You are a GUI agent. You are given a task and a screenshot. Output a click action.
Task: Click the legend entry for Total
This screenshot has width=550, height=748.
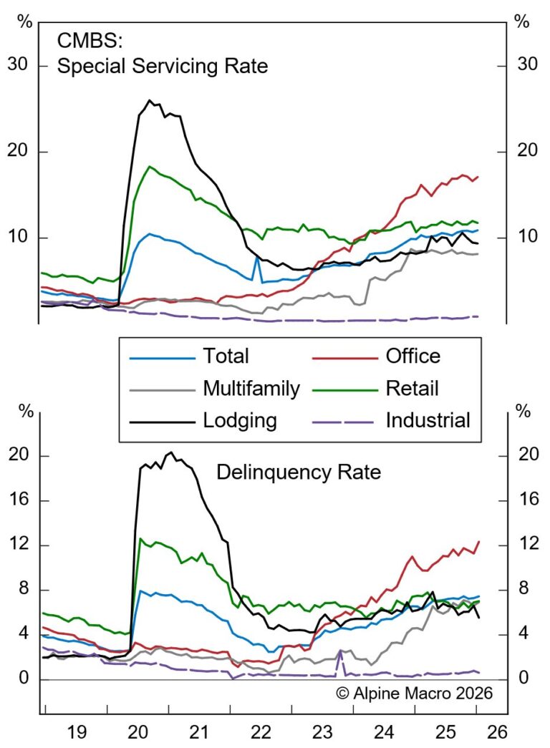point(226,356)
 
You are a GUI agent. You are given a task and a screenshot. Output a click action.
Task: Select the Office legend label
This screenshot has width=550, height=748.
point(412,356)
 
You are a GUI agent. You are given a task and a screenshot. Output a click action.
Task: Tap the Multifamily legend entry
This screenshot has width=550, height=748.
point(251,388)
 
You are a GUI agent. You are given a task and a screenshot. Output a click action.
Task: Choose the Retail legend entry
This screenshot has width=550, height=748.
point(412,388)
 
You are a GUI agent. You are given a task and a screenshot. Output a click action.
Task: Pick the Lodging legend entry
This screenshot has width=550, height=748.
point(240,420)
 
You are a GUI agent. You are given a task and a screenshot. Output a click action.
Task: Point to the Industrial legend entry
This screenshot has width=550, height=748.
point(428,420)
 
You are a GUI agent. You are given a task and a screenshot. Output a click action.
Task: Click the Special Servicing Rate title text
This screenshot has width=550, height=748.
point(163,67)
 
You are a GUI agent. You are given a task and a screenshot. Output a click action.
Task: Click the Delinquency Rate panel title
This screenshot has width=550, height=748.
point(299,472)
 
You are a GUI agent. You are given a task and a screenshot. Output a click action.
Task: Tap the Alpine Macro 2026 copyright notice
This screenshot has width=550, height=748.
point(415,693)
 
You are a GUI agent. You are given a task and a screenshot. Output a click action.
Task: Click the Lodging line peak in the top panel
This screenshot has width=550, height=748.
point(150,100)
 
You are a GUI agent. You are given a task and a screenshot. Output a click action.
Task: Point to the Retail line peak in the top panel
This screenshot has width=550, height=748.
point(150,167)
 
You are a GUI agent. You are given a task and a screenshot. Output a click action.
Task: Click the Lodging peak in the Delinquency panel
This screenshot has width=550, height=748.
point(170,452)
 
